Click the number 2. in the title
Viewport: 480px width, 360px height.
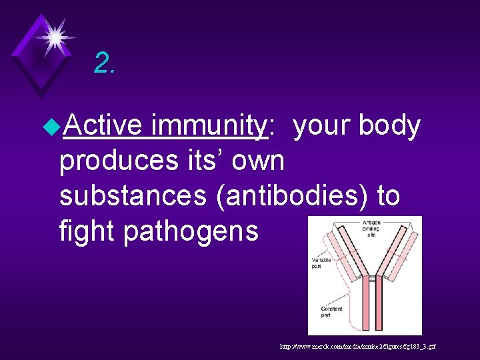[x=105, y=63]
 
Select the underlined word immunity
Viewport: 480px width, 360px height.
[x=208, y=127]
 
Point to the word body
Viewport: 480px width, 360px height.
[x=389, y=127]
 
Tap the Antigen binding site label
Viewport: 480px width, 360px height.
[x=371, y=229]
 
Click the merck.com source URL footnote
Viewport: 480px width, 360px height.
[x=358, y=347]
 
